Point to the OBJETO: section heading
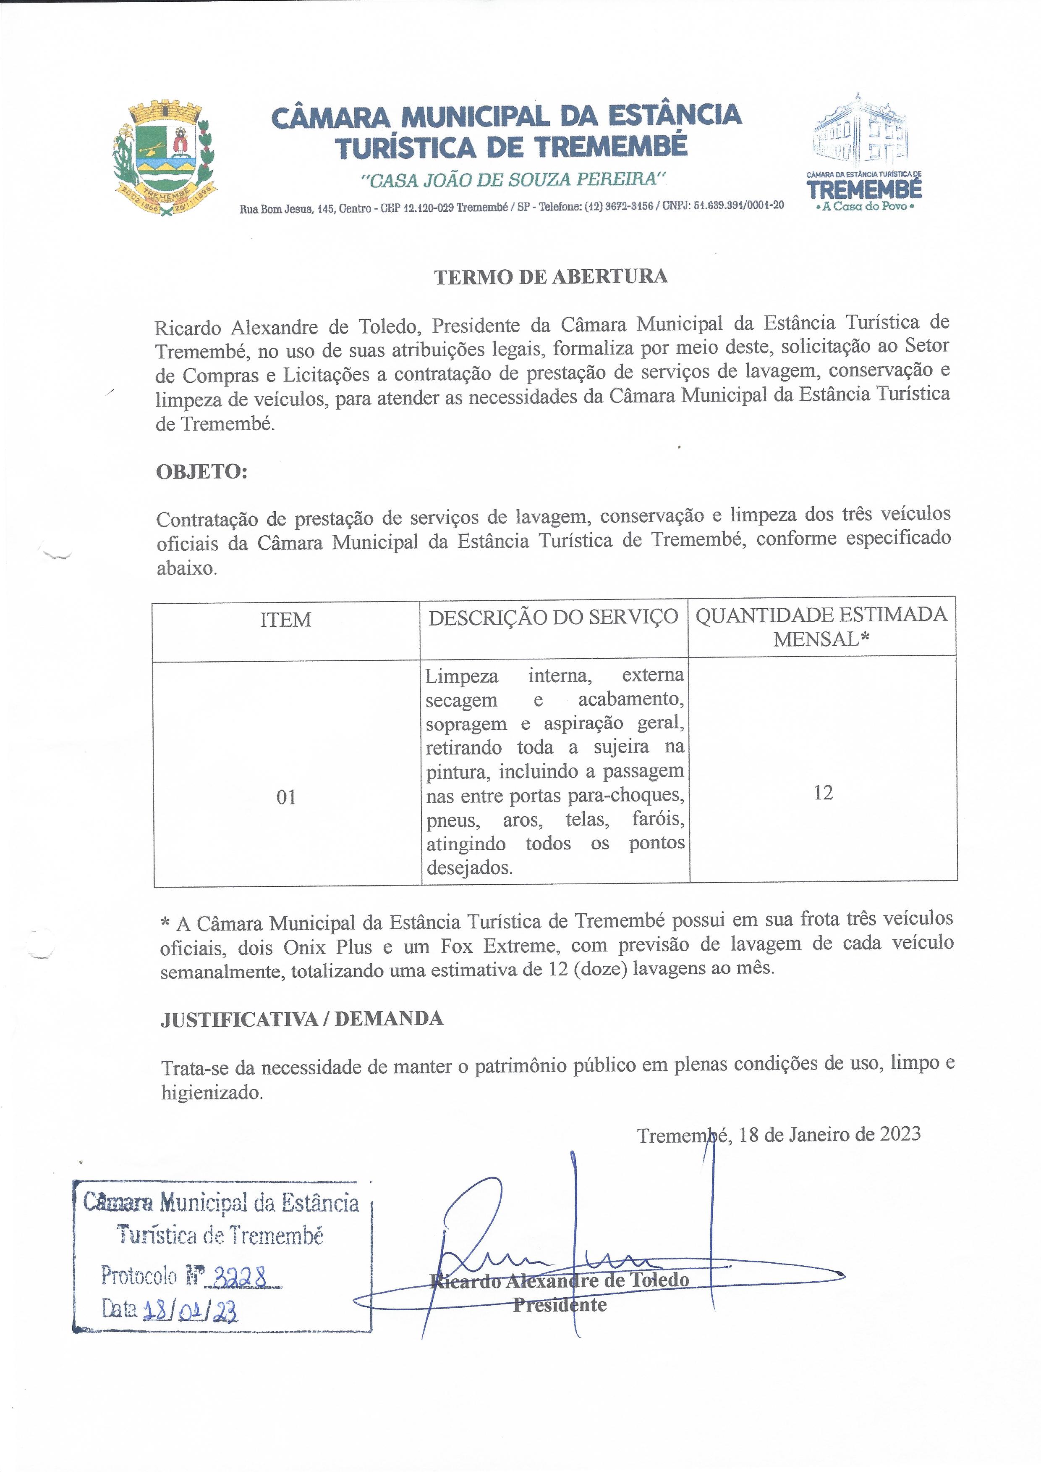pos(201,471)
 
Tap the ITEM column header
pos(285,620)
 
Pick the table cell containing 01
pos(286,797)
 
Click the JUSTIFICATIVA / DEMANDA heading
pos(301,1019)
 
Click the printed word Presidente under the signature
pos(560,1305)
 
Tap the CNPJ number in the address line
pos(738,206)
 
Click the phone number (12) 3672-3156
pos(619,207)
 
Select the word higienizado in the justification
pos(212,1092)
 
